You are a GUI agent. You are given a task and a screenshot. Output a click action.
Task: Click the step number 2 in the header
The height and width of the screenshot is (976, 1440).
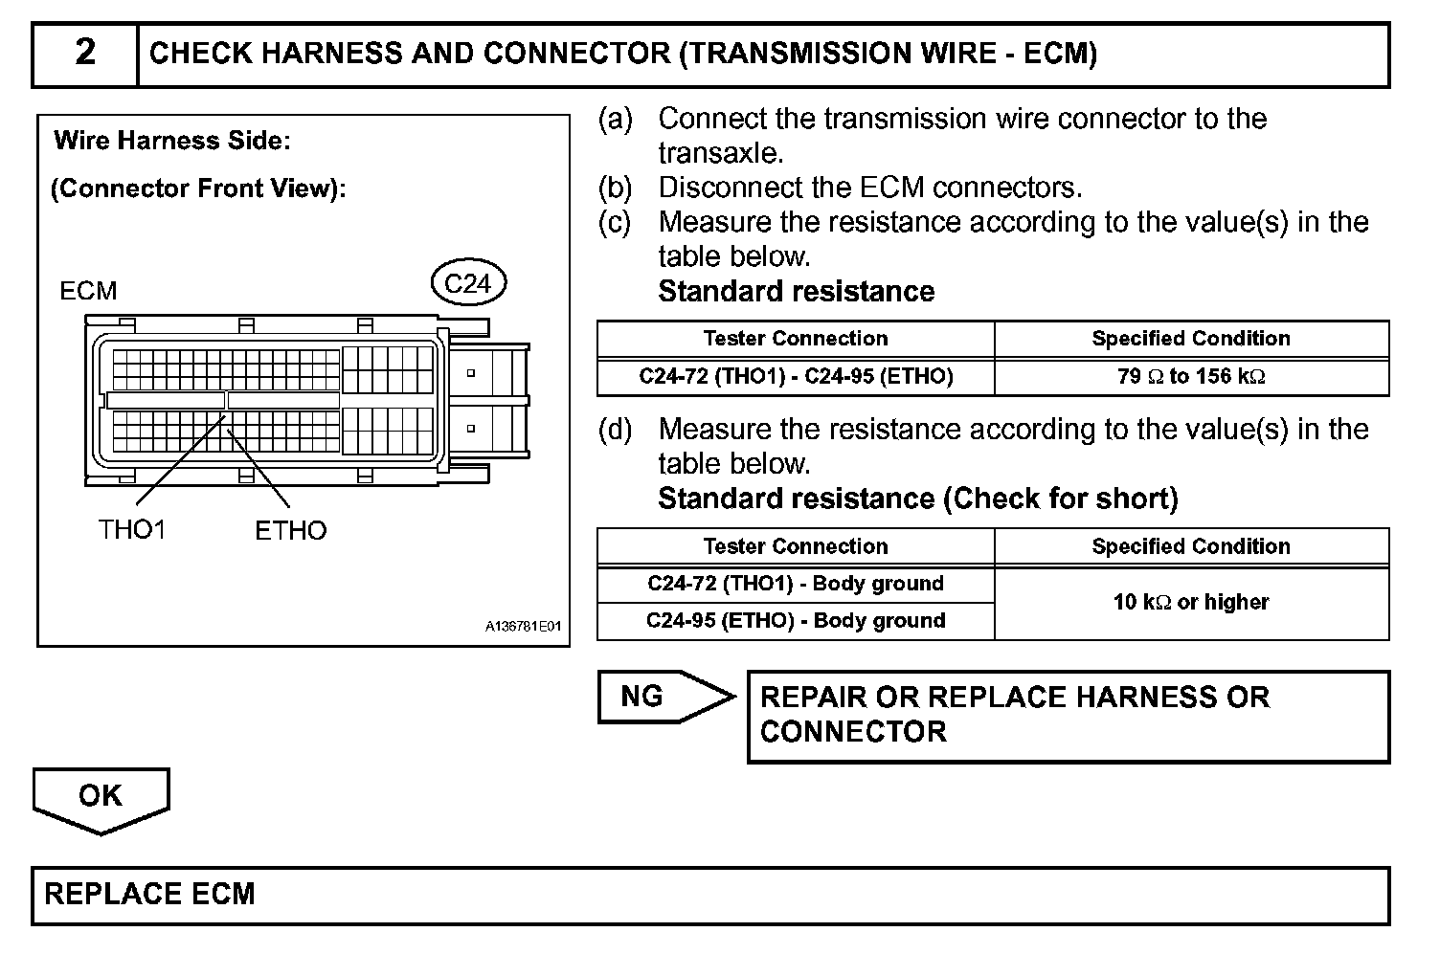(x=85, y=53)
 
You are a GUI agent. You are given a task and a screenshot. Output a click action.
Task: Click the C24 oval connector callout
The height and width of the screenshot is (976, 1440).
(x=468, y=283)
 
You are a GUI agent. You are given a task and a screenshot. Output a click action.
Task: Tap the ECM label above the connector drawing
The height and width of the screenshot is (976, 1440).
(x=88, y=291)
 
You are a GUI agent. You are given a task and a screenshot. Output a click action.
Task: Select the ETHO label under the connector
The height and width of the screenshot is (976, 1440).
(x=290, y=530)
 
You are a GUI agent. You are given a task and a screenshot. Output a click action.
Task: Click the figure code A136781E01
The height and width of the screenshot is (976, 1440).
(x=523, y=627)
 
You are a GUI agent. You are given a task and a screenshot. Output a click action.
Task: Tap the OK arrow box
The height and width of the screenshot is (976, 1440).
(x=101, y=796)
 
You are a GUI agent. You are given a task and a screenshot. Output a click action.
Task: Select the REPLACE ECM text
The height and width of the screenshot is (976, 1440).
(x=150, y=894)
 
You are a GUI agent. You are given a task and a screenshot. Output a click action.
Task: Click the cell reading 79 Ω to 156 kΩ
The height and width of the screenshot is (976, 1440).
(x=1191, y=376)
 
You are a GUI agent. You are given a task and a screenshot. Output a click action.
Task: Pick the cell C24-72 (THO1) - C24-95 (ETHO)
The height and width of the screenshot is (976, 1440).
(x=796, y=376)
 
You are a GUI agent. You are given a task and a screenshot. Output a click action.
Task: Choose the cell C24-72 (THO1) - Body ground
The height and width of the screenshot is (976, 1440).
(x=796, y=584)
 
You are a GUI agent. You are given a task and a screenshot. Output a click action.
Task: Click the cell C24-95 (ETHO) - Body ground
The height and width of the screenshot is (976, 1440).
(x=796, y=620)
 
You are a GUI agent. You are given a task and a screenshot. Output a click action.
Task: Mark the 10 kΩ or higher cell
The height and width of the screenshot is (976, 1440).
(x=1191, y=602)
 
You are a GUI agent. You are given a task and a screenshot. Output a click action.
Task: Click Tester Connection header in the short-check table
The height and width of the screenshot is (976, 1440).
(x=796, y=546)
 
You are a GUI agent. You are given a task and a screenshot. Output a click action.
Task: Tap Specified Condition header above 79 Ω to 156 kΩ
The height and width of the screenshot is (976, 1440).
(x=1191, y=339)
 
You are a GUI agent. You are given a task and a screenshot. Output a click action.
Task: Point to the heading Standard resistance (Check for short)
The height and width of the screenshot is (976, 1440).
(x=917, y=499)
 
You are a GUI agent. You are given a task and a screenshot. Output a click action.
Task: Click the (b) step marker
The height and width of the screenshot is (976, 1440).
(x=615, y=188)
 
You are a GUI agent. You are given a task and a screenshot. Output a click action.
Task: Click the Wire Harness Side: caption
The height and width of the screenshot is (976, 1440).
(x=172, y=141)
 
